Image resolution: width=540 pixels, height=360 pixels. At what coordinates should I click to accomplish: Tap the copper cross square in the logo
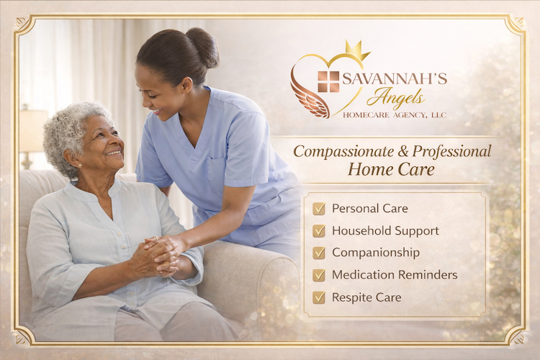[328, 81]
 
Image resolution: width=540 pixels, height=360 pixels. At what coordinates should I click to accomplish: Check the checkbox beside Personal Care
[318, 209]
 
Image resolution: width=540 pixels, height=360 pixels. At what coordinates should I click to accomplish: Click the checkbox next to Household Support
[318, 231]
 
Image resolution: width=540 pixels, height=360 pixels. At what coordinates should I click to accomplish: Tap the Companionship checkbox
[318, 253]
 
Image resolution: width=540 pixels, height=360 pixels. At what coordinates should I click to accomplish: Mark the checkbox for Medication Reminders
[318, 275]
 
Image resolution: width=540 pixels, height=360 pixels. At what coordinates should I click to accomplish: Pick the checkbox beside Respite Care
[318, 297]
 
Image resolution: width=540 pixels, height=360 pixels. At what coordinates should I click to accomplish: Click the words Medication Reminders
[395, 275]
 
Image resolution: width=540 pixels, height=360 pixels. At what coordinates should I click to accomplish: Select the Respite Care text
[366, 297]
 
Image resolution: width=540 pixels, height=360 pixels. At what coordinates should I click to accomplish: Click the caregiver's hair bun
[202, 48]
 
